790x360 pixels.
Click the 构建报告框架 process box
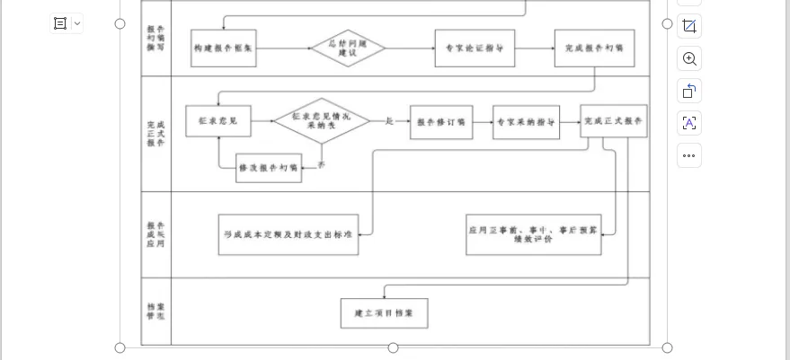pyautogui.click(x=224, y=48)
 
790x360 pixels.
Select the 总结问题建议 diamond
pyautogui.click(x=349, y=48)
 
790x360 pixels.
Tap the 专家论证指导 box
pyautogui.click(x=475, y=48)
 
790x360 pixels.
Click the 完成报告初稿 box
pyautogui.click(x=594, y=48)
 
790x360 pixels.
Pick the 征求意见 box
pyautogui.click(x=218, y=121)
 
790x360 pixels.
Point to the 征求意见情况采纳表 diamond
pyautogui.click(x=322, y=121)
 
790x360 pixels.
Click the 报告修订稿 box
pyautogui.click(x=441, y=122)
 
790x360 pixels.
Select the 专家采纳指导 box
pyautogui.click(x=526, y=122)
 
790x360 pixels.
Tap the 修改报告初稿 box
pyautogui.click(x=269, y=168)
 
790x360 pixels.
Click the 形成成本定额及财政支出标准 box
pyautogui.click(x=288, y=234)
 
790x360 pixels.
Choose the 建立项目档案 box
pyautogui.click(x=384, y=313)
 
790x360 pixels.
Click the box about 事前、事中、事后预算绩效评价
pyautogui.click(x=533, y=234)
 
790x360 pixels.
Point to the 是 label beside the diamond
pyautogui.click(x=389, y=120)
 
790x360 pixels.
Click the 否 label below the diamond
pyautogui.click(x=322, y=164)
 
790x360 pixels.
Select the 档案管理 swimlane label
pyautogui.click(x=155, y=312)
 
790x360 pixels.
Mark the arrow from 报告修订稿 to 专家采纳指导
pyautogui.click(x=483, y=122)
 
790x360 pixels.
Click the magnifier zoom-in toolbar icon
pyautogui.click(x=689, y=59)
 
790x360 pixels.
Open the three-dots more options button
pyautogui.click(x=689, y=155)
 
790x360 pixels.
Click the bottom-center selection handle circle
pyautogui.click(x=393, y=347)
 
